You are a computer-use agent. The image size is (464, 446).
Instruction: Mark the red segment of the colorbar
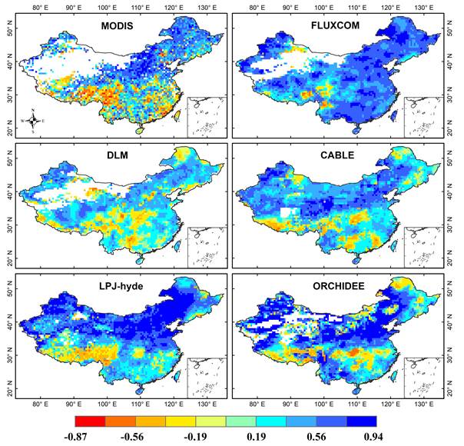click(91, 421)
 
